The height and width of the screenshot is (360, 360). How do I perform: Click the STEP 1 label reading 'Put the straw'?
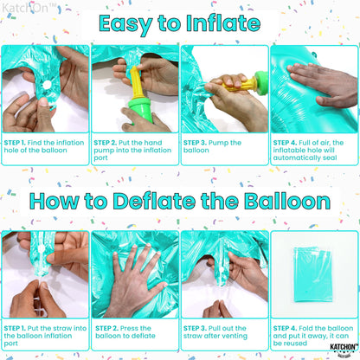(16, 328)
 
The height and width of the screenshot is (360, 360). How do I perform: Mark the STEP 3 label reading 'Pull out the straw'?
(196, 328)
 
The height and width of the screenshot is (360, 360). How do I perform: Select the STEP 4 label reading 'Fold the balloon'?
(286, 328)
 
